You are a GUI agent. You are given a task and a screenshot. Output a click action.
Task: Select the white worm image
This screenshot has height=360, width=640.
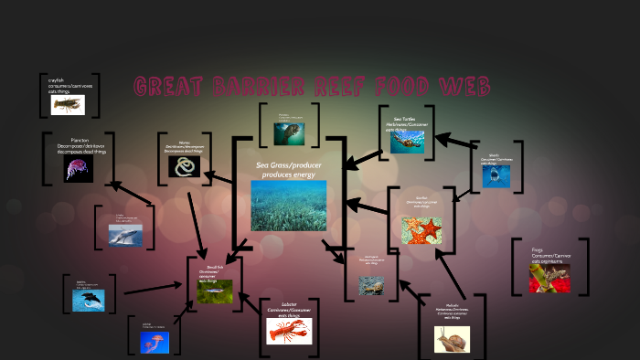tap(185, 166)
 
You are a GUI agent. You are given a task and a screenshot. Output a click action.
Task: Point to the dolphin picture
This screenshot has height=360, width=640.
tap(89, 300)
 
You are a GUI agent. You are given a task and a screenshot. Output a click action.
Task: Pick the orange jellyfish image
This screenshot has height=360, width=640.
tap(155, 342)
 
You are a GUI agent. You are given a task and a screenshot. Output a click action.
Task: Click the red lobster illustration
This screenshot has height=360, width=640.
tap(289, 330)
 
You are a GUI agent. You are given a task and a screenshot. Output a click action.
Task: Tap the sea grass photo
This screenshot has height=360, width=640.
tap(288, 205)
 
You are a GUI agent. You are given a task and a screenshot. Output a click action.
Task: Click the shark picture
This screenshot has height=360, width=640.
tap(496, 175)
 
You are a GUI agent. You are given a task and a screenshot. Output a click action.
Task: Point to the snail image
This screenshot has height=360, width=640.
tap(452, 339)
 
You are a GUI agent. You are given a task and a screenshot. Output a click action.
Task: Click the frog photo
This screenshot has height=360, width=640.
tap(549, 277)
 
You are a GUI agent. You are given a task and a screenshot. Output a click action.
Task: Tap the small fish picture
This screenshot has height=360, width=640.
tap(215, 291)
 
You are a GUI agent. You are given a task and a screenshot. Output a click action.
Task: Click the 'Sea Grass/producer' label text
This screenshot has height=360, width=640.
tap(288, 165)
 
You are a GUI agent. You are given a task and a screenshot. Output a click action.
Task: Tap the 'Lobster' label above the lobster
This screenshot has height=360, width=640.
tap(289, 303)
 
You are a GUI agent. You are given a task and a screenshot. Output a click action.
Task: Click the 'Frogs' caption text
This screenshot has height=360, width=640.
tap(538, 250)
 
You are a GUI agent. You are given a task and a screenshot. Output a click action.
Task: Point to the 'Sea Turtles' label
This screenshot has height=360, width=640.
tap(405, 119)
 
